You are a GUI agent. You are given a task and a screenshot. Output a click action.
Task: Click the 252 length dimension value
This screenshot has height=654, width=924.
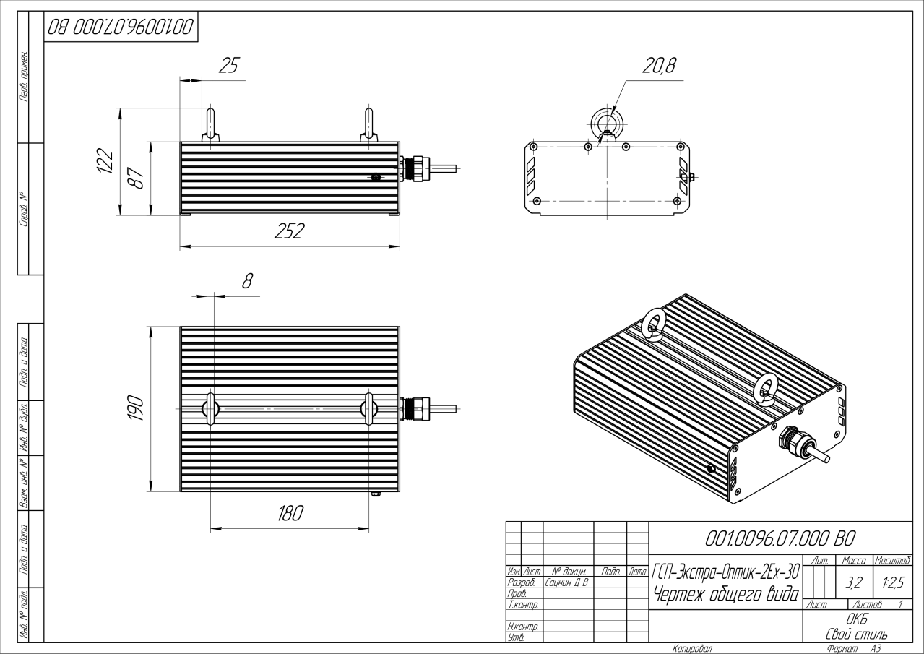(x=289, y=231)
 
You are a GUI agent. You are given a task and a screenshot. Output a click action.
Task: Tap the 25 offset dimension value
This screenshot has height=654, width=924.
(x=228, y=66)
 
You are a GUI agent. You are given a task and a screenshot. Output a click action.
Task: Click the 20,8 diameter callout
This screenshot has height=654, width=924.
(x=658, y=66)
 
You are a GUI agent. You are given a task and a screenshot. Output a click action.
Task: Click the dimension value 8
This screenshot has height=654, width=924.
(x=247, y=282)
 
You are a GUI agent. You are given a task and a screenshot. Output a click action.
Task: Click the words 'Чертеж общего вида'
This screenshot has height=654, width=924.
(x=725, y=594)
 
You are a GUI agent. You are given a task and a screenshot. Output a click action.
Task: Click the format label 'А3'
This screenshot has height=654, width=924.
(x=876, y=649)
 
